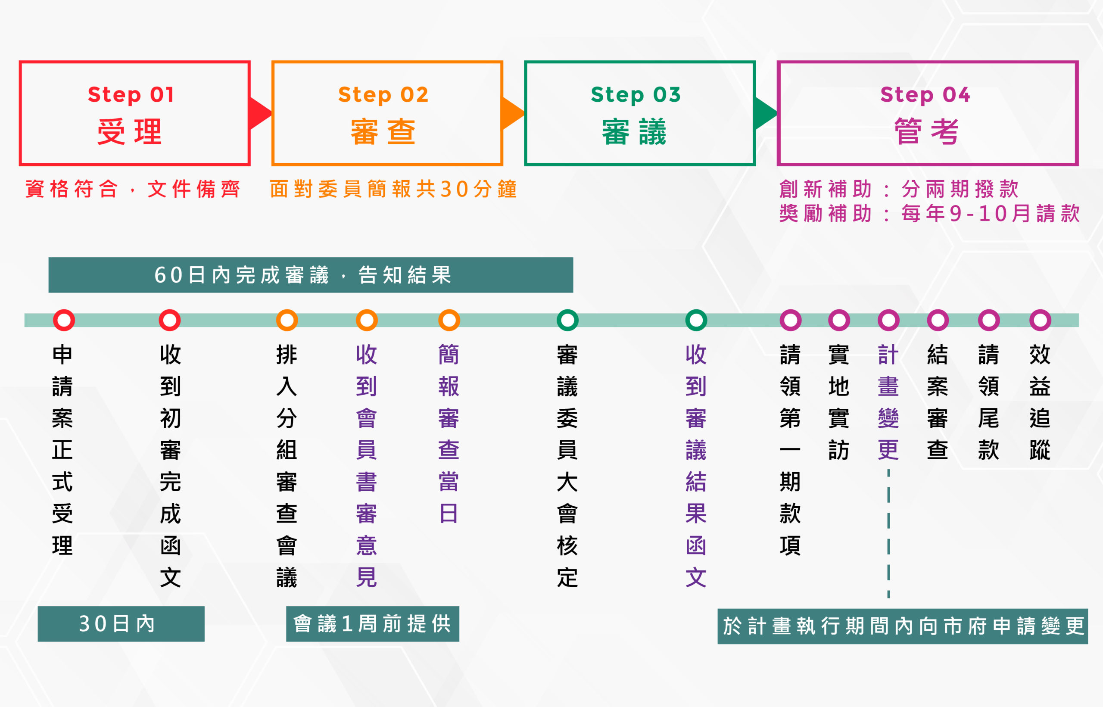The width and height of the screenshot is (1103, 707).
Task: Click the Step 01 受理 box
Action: (134, 113)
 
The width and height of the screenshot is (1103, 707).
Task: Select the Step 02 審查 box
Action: (387, 113)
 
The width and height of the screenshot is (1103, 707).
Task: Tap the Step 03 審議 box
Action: (639, 113)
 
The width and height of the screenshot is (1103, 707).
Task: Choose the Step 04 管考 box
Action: (927, 113)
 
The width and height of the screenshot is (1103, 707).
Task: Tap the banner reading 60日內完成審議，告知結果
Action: (311, 275)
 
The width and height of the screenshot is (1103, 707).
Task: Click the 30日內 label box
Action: (121, 623)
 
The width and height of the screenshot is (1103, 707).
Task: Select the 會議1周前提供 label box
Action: (372, 623)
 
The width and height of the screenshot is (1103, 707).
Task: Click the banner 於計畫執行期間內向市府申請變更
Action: (902, 626)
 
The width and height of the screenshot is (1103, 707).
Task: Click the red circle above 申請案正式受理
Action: (64, 320)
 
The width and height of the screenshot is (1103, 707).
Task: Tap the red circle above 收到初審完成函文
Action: (169, 320)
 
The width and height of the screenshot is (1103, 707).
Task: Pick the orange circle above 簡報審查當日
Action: (449, 320)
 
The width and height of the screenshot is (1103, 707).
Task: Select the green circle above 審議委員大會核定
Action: (567, 320)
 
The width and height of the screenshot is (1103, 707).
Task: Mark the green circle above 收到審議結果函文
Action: (696, 320)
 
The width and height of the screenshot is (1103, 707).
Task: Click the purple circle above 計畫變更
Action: (888, 320)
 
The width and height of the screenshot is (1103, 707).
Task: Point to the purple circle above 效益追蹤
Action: (1040, 320)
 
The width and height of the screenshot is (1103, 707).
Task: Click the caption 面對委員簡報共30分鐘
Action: (393, 189)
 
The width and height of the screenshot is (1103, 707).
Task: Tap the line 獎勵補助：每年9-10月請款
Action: (929, 213)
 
